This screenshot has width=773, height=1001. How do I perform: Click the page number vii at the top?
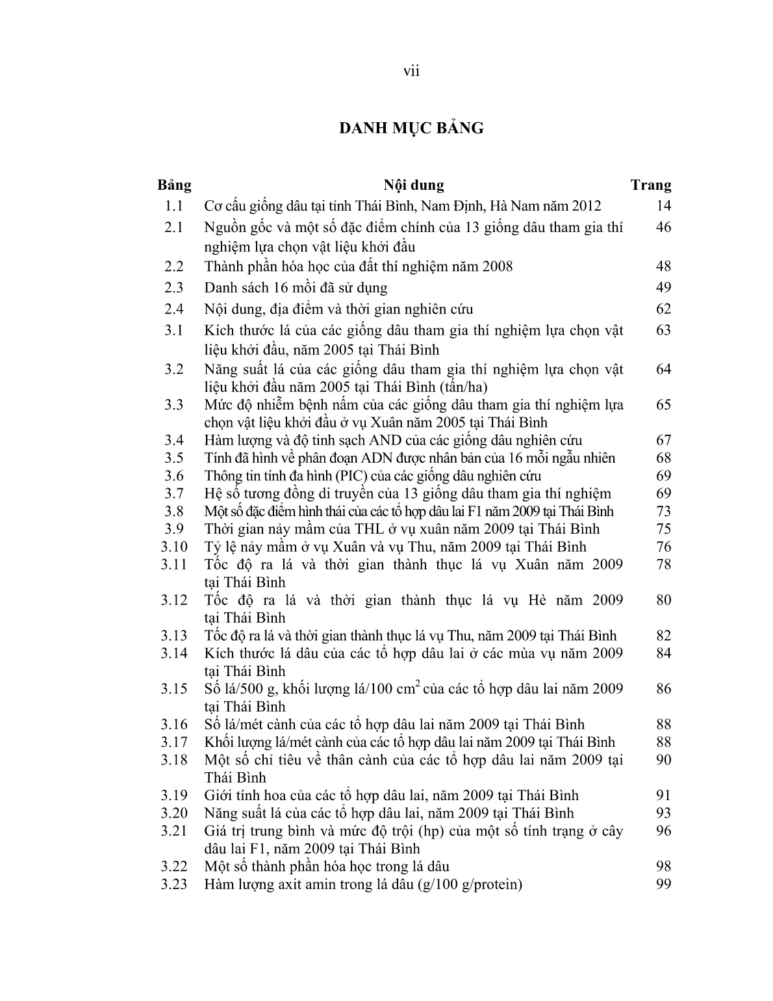click(x=411, y=71)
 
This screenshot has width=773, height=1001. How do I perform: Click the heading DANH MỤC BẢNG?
click(x=411, y=128)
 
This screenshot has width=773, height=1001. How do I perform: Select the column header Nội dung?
click(x=414, y=185)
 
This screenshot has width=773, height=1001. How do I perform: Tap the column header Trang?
click(x=651, y=185)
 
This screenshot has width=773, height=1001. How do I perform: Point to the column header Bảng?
click(x=174, y=185)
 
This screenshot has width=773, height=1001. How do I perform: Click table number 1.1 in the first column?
click(x=174, y=206)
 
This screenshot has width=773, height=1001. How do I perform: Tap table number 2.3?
click(x=174, y=287)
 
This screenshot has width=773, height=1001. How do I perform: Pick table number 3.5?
click(x=174, y=458)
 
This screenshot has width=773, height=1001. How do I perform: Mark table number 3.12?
click(x=174, y=600)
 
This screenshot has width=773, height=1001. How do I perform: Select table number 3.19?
click(x=174, y=795)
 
